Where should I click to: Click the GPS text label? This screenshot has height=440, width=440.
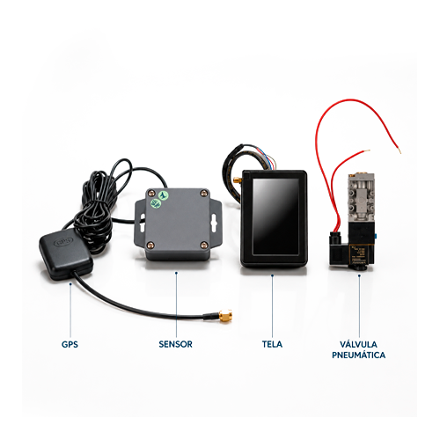pyautogui.click(x=70, y=344)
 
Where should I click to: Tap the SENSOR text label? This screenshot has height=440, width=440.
pyautogui.click(x=175, y=344)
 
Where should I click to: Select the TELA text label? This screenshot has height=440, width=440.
pyautogui.click(x=272, y=344)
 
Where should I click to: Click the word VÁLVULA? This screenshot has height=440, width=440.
pyautogui.click(x=358, y=344)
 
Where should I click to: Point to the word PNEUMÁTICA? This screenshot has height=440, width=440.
pyautogui.click(x=358, y=355)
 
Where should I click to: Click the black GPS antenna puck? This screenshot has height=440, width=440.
pyautogui.click(x=66, y=254)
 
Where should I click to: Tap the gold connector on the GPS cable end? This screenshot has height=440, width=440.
pyautogui.click(x=225, y=316)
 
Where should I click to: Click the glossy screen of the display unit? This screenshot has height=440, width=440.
pyautogui.click(x=275, y=216)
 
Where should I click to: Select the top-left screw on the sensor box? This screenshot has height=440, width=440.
pyautogui.click(x=151, y=193)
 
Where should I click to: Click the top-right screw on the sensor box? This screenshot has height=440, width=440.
pyautogui.click(x=204, y=193)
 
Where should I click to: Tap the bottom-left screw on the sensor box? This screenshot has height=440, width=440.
pyautogui.click(x=150, y=246)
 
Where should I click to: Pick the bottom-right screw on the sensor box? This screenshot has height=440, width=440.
pyautogui.click(x=204, y=246)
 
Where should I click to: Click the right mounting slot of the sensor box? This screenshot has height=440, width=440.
pyautogui.click(x=213, y=222)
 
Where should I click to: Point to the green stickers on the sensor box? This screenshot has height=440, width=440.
pyautogui.click(x=159, y=199)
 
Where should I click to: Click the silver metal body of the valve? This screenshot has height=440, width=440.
pyautogui.click(x=361, y=200)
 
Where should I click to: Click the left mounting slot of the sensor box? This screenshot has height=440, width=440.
pyautogui.click(x=142, y=222)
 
